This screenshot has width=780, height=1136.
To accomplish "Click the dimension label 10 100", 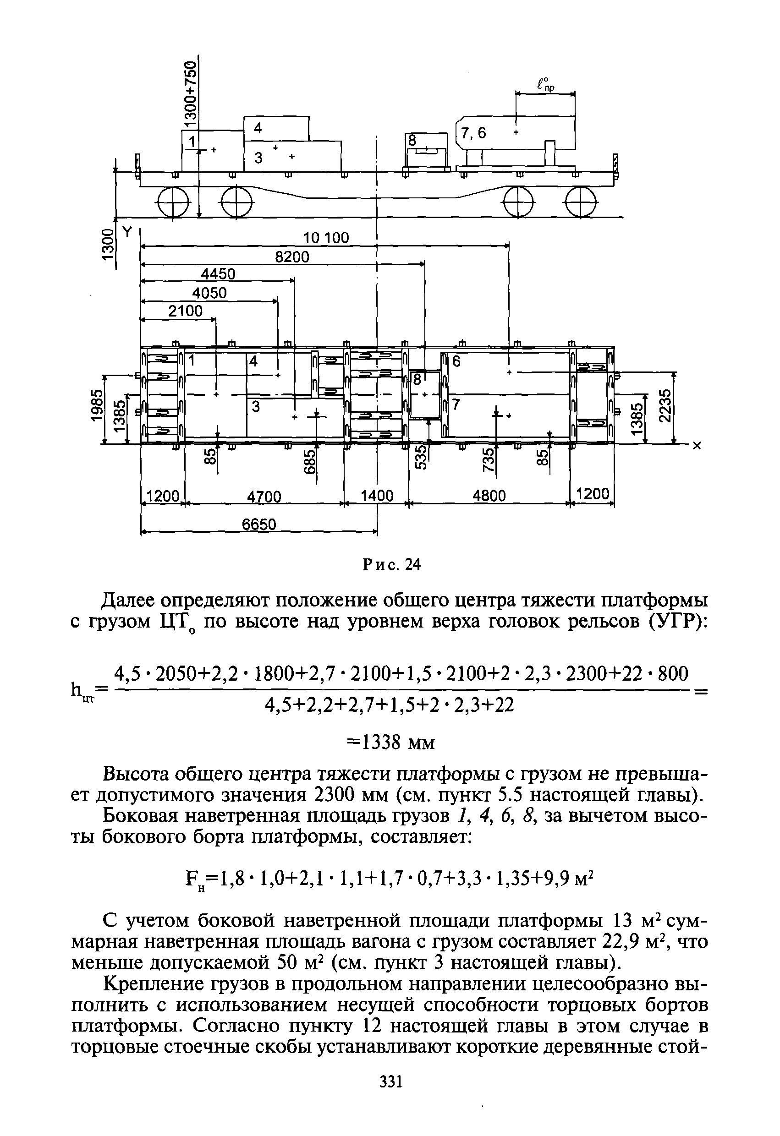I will (x=326, y=238).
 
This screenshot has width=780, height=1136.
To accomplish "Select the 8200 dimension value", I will (x=292, y=257).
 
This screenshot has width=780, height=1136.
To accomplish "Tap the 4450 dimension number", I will (x=215, y=275).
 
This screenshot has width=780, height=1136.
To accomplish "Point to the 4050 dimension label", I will (x=209, y=293).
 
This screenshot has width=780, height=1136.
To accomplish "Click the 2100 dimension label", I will (x=185, y=311).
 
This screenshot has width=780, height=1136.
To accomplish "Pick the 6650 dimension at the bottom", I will (x=259, y=525).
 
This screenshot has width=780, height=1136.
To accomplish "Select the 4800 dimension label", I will (x=489, y=496).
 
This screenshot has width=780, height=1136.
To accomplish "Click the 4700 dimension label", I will (x=264, y=497).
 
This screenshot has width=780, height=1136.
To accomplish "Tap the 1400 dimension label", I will (x=377, y=496).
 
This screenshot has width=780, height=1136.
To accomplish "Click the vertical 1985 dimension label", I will (x=97, y=405).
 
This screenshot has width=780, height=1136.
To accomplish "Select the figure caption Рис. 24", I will (x=392, y=565).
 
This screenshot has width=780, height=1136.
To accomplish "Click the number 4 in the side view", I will (x=258, y=128).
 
